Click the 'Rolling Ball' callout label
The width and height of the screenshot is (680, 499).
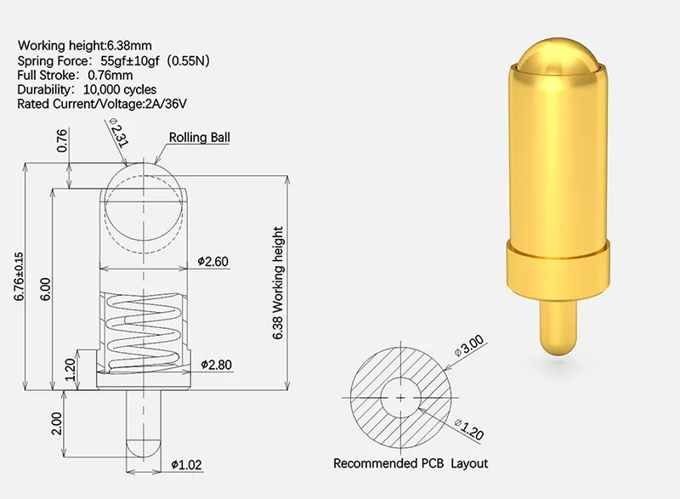(199, 138)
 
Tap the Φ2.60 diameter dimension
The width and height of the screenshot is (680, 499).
(212, 262)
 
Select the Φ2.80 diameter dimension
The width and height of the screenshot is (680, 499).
(216, 365)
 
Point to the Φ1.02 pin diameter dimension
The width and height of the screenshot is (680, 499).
(186, 465)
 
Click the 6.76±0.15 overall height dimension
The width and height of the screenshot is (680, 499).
(19, 276)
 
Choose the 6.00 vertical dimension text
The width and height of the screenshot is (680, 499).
(46, 289)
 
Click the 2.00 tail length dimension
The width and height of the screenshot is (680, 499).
(57, 423)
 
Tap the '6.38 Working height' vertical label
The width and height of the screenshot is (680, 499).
(278, 283)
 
